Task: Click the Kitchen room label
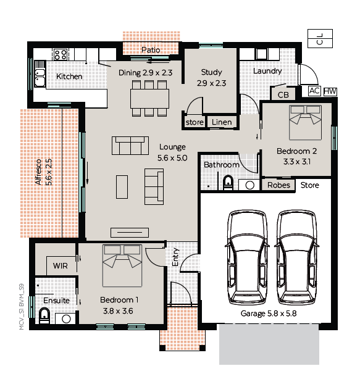click(69, 77)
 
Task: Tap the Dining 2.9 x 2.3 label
click(145, 72)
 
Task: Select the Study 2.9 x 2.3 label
click(211, 77)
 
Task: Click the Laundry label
click(267, 71)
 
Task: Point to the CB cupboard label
click(283, 94)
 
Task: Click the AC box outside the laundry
click(314, 91)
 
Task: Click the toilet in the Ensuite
click(44, 317)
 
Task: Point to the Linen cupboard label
click(222, 122)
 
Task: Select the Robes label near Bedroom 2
click(279, 185)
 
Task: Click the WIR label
click(60, 266)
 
